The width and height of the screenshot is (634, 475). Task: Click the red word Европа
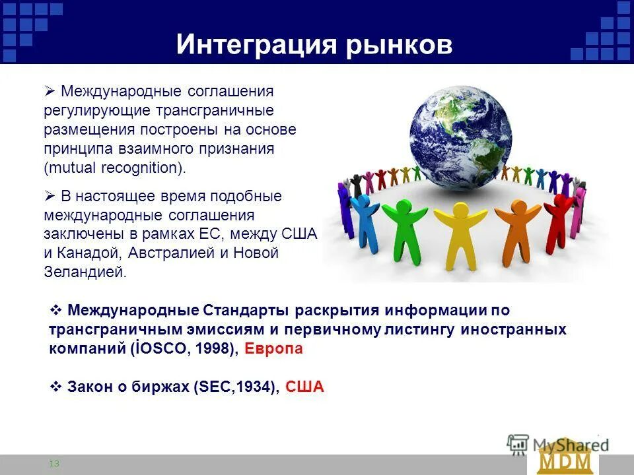click(x=273, y=349)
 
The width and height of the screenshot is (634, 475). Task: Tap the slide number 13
click(x=54, y=464)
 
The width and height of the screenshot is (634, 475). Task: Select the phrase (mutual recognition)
click(x=116, y=168)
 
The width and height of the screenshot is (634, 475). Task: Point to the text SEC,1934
click(x=235, y=387)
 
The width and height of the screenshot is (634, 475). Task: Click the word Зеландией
click(x=85, y=272)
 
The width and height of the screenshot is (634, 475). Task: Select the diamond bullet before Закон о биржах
click(x=56, y=387)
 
